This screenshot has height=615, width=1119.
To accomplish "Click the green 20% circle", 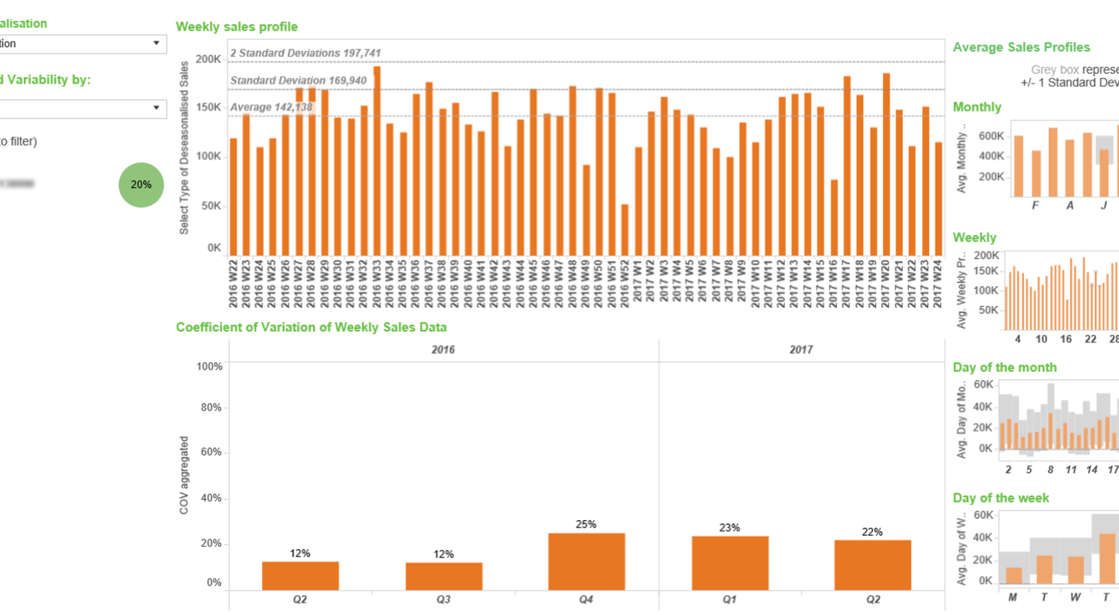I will coord(141,185).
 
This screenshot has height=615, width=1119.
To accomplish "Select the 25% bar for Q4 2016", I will coord(586,561).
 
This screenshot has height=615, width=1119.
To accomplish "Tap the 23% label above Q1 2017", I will coord(730,528).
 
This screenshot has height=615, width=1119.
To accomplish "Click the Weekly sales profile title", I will coord(237,27).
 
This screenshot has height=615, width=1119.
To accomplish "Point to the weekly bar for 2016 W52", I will coord(625,230).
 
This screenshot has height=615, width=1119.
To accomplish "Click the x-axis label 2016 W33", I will coord(377,283).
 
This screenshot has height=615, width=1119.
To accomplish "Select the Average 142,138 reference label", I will coord(271,107).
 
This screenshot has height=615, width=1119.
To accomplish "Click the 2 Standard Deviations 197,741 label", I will coord(305,53).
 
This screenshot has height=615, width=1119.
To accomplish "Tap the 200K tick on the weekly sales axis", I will coord(208,59).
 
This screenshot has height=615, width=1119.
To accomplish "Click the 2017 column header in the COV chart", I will coord(801,349).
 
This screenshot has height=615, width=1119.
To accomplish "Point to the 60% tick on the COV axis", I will coord(211,452).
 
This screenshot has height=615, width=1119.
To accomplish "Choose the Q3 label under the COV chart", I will coord(444,599).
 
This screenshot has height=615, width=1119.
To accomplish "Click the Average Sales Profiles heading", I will coord(1021,48).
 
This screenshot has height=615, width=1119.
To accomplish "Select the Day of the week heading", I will coord(1000,498).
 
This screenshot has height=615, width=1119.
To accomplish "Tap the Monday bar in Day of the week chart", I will coord(1014,575).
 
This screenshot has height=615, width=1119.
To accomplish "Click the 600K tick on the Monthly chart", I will coord(991,136).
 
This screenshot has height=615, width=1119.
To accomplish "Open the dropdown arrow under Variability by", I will coord(156,108).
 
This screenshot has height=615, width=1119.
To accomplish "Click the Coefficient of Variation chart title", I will coord(311,327).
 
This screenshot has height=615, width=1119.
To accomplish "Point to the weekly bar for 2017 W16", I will coord(834,217).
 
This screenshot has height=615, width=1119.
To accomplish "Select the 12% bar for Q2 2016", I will coord(300,576).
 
